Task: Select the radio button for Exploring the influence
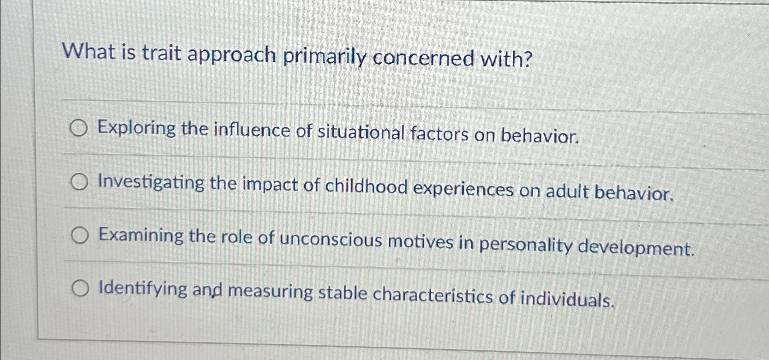point(78,129)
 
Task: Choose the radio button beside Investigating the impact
point(79,183)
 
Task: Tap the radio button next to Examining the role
point(80,236)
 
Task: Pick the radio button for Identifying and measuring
point(80,289)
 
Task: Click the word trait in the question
point(161,53)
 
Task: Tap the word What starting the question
point(90,51)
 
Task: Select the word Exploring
point(137,128)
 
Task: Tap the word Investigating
point(151,183)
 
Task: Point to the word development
point(637,248)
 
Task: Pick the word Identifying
point(143,289)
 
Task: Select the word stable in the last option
point(342,293)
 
